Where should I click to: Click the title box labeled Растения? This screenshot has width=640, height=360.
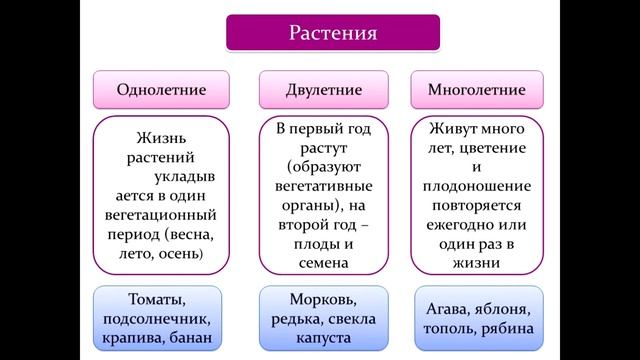click(332, 34)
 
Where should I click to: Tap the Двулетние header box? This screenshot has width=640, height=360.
click(324, 90)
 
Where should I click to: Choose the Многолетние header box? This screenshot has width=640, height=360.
click(477, 90)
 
